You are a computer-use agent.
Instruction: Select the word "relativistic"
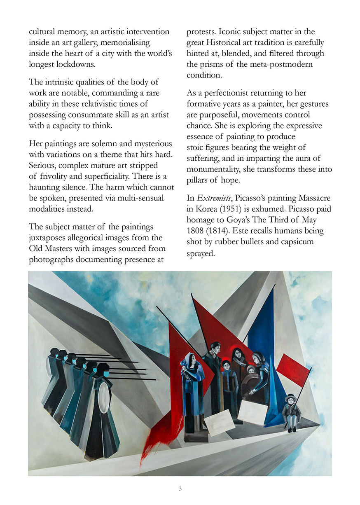tap(89, 104)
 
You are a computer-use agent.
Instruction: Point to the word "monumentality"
tap(213, 169)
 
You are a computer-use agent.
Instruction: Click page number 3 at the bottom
tap(180, 489)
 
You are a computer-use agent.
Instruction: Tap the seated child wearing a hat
tap(292, 412)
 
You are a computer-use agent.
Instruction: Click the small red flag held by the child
tap(293, 369)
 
